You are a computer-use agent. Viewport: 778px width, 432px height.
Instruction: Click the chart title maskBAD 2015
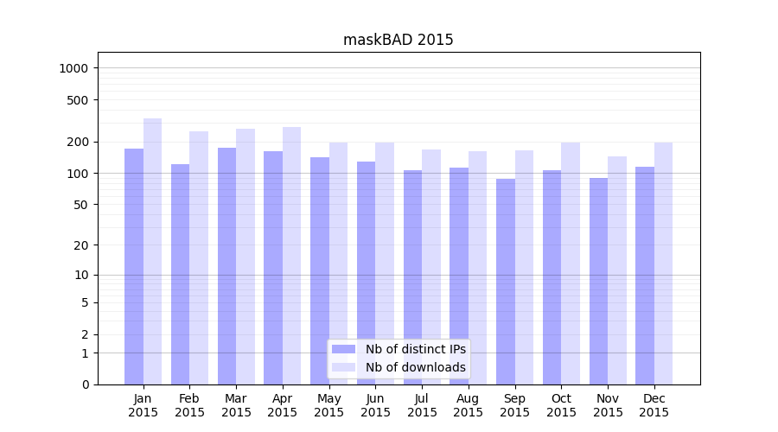tap(398, 40)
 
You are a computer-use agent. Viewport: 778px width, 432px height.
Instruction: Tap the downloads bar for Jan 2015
tap(153, 251)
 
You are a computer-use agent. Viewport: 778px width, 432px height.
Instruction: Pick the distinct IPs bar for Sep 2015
tap(506, 281)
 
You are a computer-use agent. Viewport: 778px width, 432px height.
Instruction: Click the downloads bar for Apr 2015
tap(292, 255)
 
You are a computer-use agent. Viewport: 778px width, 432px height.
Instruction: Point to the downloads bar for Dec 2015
tap(664, 263)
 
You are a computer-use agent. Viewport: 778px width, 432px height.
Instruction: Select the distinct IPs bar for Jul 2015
tap(412, 276)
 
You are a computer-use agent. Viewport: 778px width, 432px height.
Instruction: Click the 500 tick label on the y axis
tap(79, 100)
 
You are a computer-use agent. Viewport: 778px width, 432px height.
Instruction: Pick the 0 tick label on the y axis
tap(86, 384)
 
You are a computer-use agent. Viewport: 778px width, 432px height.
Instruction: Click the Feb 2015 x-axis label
tap(189, 405)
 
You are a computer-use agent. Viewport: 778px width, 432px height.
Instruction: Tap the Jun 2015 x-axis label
tap(375, 405)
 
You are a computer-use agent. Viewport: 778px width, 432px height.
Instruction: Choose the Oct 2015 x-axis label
tap(561, 405)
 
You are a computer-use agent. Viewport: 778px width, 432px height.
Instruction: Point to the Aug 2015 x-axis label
tap(469, 405)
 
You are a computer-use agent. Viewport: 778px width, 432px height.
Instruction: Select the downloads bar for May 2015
tap(338, 263)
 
